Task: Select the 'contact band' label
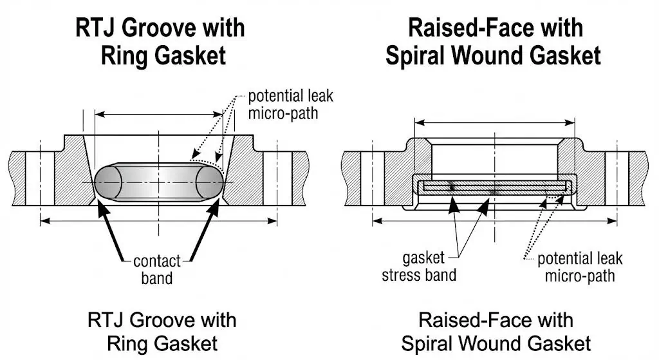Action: point(156,269)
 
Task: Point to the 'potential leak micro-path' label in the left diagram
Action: point(290,106)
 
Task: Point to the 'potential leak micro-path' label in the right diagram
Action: point(580,267)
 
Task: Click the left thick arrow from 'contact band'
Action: point(110,229)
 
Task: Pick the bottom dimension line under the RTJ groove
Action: point(158,221)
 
